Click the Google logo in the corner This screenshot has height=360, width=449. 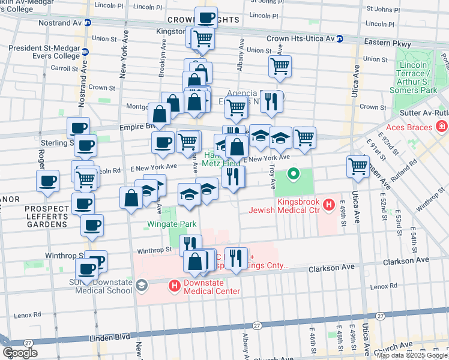(x=20, y=352)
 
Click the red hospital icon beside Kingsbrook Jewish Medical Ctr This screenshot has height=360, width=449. (x=328, y=206)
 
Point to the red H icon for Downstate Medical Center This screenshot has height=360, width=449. (x=175, y=286)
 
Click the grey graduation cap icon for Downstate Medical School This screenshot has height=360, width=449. (x=141, y=284)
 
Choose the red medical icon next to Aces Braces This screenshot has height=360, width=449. (x=442, y=127)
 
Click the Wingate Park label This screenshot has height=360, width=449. (x=172, y=224)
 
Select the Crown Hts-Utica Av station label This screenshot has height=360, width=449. (x=300, y=38)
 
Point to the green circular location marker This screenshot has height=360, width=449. (x=294, y=175)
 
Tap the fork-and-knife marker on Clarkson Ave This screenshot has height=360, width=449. (x=236, y=259)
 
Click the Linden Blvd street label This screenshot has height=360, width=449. (x=113, y=337)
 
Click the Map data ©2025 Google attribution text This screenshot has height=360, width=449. (x=412, y=355)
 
